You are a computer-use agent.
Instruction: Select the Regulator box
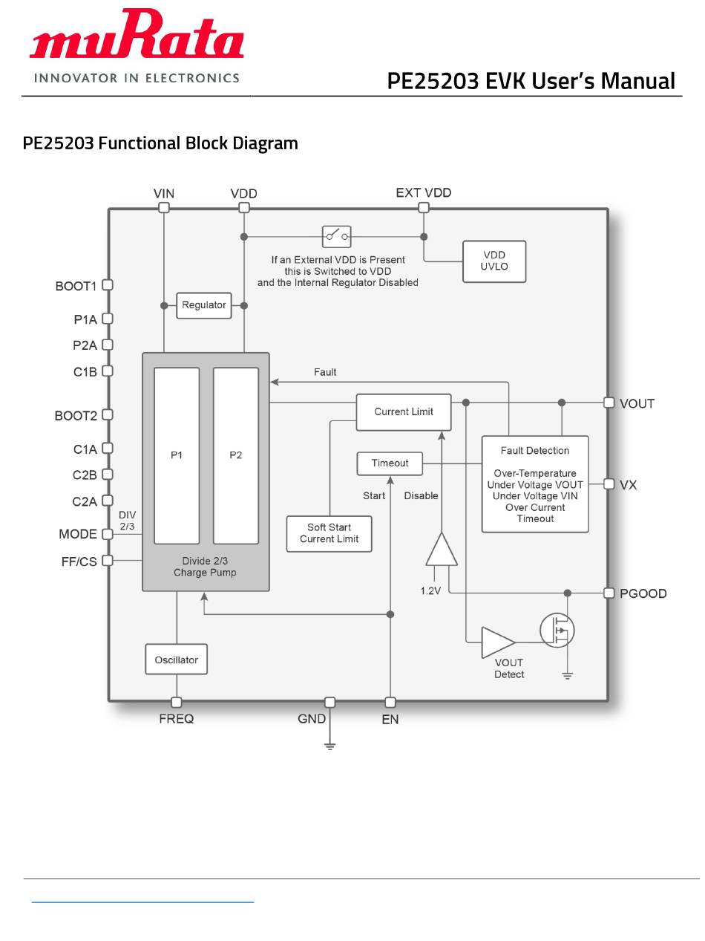click(204, 305)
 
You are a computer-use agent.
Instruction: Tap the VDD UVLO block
click(494, 261)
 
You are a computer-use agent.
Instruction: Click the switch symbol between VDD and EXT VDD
click(336, 237)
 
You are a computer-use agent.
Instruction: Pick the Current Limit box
click(404, 412)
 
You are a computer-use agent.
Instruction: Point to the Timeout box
click(390, 463)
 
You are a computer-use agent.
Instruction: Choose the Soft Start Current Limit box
click(329, 533)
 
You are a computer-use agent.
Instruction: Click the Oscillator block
click(176, 660)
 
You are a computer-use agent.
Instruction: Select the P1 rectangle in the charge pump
click(177, 455)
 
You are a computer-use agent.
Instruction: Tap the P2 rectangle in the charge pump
click(236, 455)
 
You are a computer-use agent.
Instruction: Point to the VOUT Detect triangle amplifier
click(497, 642)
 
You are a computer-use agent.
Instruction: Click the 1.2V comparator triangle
click(442, 550)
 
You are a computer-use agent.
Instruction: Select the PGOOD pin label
click(643, 594)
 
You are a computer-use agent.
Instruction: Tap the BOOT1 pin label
click(76, 287)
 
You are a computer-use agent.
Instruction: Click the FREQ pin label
click(177, 719)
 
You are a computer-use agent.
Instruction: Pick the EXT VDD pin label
click(424, 193)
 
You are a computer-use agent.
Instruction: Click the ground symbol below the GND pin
click(330, 745)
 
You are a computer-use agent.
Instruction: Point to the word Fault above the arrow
click(325, 372)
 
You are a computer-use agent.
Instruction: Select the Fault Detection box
click(535, 484)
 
